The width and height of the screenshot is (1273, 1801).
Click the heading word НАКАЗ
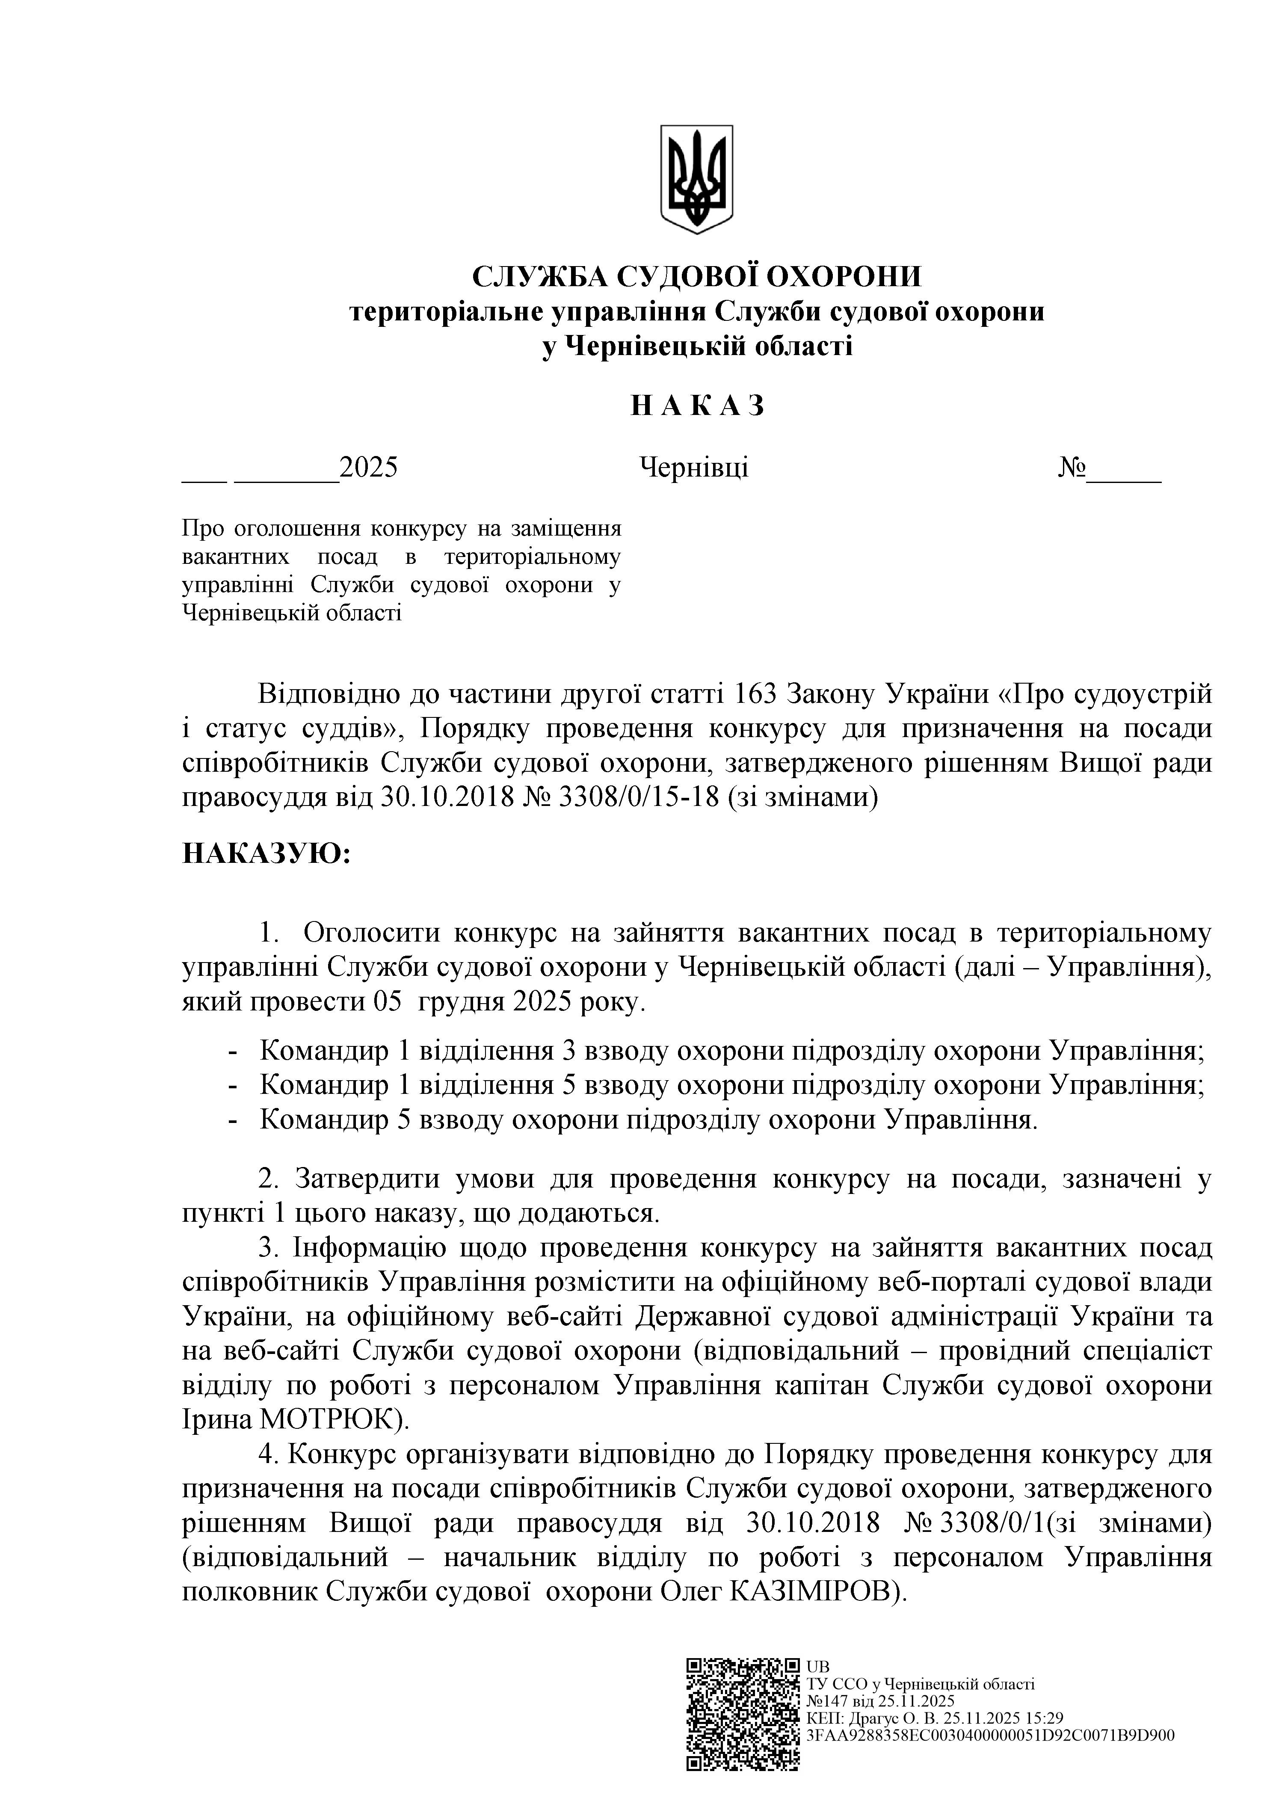696,406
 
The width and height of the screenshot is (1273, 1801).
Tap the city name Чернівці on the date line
694,468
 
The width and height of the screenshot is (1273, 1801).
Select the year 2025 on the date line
369,468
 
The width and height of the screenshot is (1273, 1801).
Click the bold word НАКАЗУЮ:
266,853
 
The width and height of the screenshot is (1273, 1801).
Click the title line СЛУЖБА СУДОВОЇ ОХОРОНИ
696,276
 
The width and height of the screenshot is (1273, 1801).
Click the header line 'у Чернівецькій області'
696,346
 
